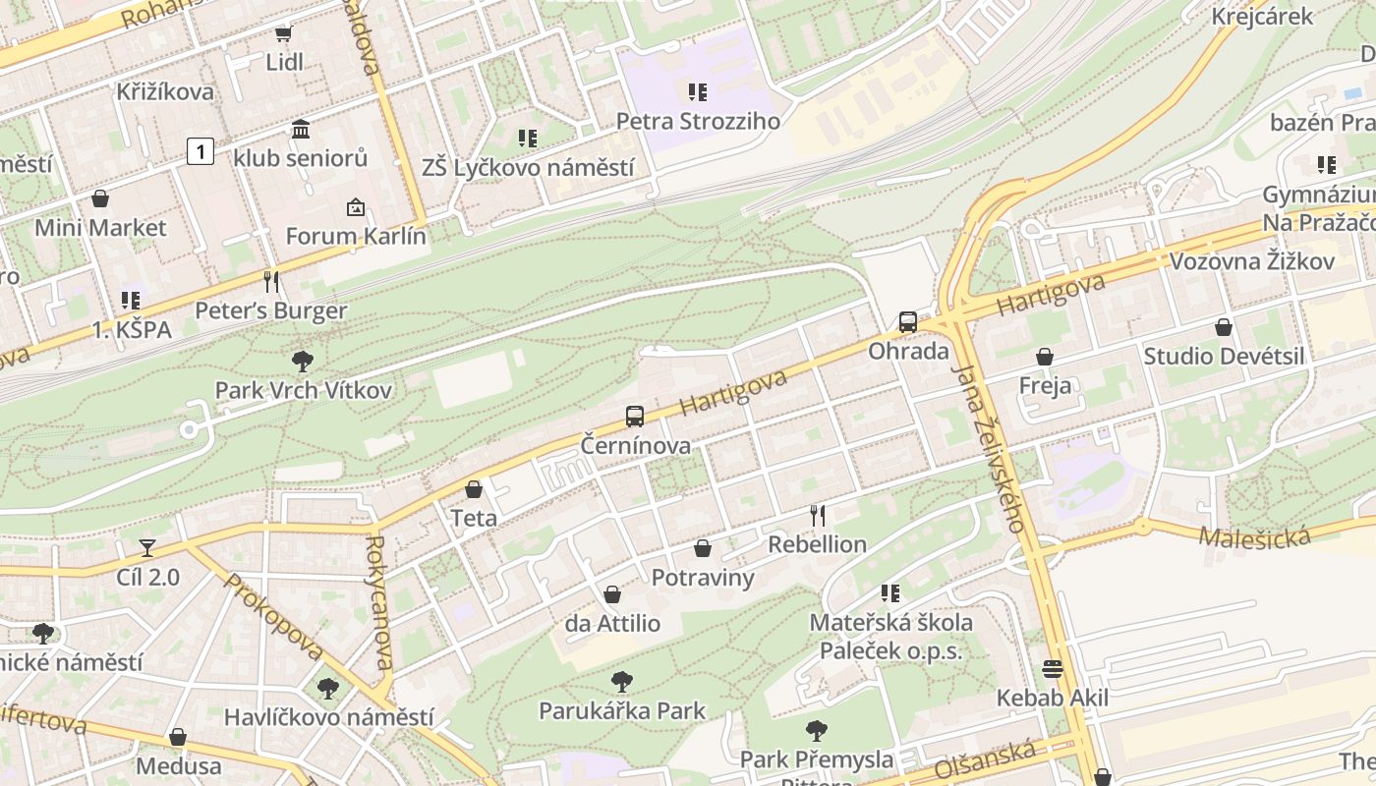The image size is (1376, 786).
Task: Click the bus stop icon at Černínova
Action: point(635,416)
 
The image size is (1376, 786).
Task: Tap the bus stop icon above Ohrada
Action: point(907,322)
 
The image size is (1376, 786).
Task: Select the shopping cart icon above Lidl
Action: point(284,33)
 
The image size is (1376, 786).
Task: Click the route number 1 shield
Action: point(201,151)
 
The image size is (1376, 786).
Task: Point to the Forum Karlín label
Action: point(356,236)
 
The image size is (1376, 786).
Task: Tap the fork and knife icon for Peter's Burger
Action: point(271,282)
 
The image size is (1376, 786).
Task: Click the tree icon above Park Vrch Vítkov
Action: point(303,362)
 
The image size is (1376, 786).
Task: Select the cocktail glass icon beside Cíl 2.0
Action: point(147,547)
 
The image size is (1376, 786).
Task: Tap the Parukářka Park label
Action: point(622,710)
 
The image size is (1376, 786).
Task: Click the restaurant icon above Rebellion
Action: point(817,515)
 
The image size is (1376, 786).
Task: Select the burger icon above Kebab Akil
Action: point(1053,669)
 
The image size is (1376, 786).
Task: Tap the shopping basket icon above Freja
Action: point(1045,357)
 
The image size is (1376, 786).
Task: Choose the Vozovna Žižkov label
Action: point(1251,261)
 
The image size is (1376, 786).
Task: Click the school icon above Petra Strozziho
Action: point(698,92)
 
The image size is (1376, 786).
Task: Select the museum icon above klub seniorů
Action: point(301,129)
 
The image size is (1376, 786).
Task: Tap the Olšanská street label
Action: point(986,759)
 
